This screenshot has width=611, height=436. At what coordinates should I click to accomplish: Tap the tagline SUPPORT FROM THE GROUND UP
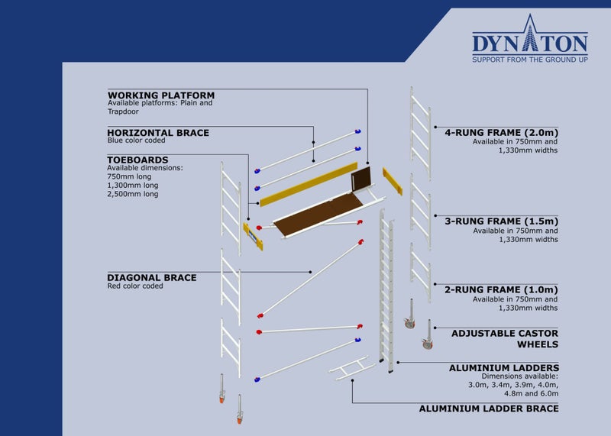[x=529, y=59]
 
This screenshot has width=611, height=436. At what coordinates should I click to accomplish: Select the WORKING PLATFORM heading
[x=161, y=95]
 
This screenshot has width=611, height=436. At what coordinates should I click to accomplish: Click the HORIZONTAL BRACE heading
[x=158, y=133]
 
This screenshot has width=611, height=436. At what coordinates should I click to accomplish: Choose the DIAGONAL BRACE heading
[x=152, y=277]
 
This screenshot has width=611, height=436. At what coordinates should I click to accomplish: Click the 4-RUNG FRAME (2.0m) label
[x=501, y=131]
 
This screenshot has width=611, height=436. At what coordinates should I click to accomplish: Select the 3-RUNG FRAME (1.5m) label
[x=501, y=221]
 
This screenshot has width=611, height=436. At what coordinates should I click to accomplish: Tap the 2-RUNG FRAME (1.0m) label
[x=501, y=289]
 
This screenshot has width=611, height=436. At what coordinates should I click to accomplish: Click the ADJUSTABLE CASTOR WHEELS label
[x=505, y=338]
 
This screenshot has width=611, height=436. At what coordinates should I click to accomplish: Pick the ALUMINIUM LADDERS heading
[x=504, y=367]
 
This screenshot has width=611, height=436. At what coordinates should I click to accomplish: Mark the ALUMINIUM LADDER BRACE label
[x=489, y=409]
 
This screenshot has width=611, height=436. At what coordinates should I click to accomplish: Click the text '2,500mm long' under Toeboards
[x=133, y=194]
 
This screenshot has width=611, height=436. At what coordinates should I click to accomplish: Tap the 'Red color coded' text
[x=135, y=286]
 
